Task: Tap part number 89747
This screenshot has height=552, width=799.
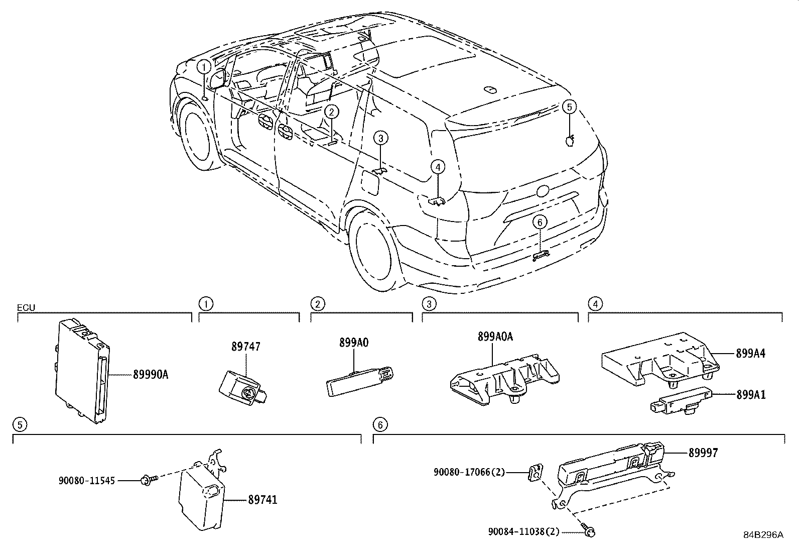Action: click(x=246, y=347)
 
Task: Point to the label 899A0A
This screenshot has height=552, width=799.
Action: click(x=495, y=337)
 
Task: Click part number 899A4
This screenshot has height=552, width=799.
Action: click(x=751, y=354)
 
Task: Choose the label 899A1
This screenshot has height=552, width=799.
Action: click(x=751, y=394)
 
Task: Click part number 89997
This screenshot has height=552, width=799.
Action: click(x=703, y=453)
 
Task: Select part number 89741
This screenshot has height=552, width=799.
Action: click(x=262, y=500)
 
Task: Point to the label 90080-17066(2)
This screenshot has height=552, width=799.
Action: click(x=470, y=472)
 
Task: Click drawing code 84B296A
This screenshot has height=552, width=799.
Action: click(x=763, y=535)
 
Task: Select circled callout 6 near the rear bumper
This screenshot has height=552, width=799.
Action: click(x=539, y=222)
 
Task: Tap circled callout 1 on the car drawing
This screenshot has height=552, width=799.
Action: click(x=204, y=66)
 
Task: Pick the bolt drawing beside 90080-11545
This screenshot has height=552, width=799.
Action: click(x=149, y=480)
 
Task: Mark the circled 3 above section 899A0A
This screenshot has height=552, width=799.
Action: click(x=428, y=303)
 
